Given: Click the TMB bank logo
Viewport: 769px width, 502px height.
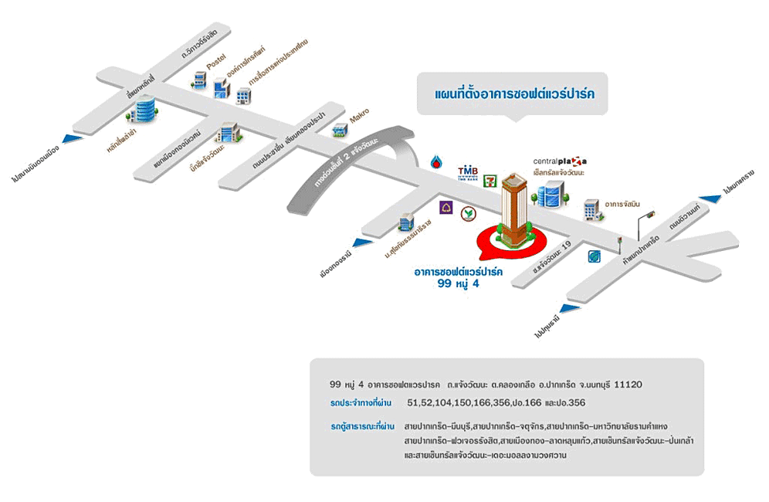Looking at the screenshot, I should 469,172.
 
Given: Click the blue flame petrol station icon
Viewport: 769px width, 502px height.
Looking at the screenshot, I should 437,163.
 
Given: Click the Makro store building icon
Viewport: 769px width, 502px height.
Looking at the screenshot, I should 339,131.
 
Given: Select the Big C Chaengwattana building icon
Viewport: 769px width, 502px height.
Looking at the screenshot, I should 229,134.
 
